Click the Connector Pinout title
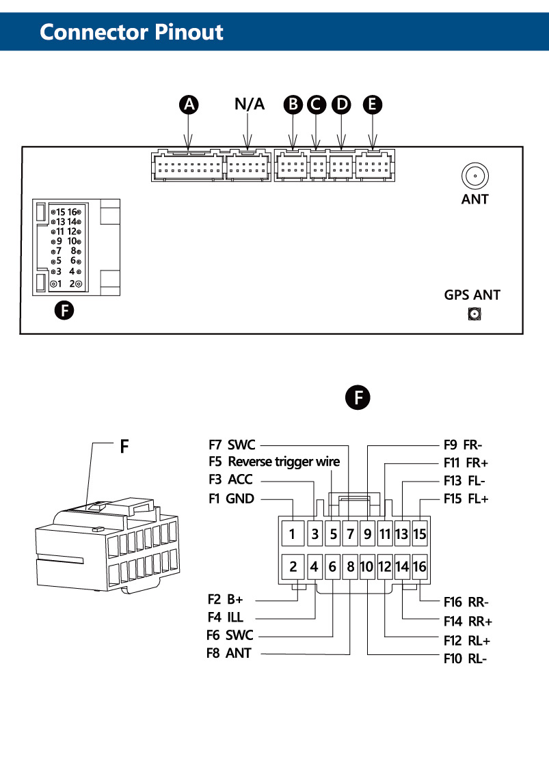[131, 32]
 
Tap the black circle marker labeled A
[189, 105]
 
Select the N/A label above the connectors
[249, 104]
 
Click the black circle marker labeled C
[316, 105]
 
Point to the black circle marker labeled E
[372, 105]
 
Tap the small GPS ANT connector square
[473, 315]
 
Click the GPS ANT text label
[472, 296]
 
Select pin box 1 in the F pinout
[293, 533]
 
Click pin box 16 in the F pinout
[420, 566]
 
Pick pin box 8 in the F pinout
[350, 566]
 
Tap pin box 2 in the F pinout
[293, 566]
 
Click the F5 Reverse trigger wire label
[274, 462]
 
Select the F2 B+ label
[226, 600]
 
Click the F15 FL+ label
[466, 499]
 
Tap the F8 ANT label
[228, 653]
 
